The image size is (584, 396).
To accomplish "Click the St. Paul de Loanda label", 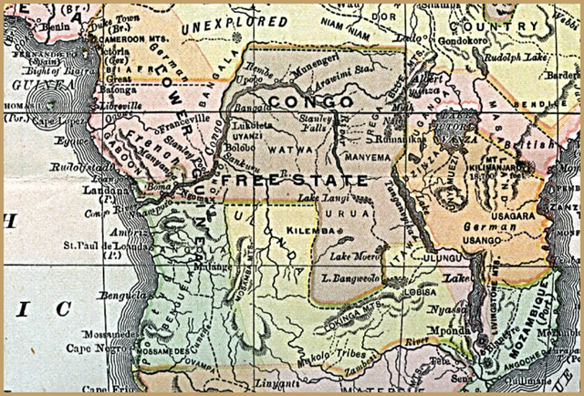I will [x=99, y=245].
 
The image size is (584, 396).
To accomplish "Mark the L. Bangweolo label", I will [x=350, y=275].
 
